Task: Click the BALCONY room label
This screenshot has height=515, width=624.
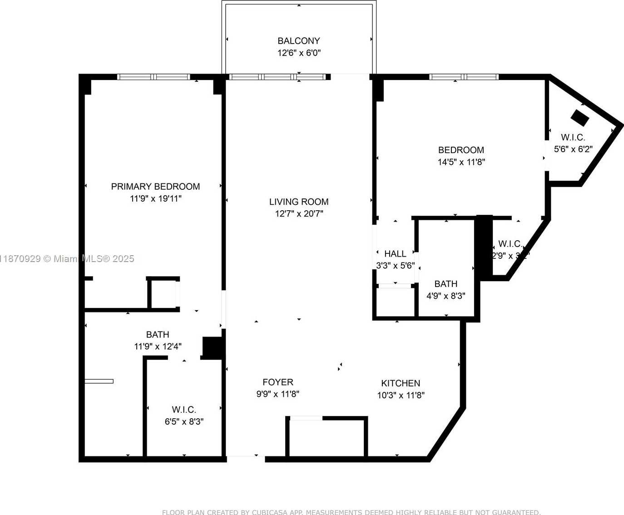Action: tap(299, 41)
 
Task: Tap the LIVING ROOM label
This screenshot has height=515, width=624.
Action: tap(299, 202)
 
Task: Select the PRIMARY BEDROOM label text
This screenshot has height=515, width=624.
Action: tap(155, 187)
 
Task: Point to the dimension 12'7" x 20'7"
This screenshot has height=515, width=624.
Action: tap(299, 213)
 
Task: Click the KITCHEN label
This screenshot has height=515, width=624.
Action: tap(401, 383)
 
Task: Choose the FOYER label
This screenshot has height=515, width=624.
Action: tap(278, 382)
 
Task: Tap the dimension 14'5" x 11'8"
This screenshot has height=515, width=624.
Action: tap(461, 162)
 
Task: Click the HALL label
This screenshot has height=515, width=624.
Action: tap(395, 254)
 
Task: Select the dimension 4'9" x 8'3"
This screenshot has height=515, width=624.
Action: tap(446, 296)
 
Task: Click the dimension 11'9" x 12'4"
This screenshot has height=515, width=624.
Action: tap(158, 347)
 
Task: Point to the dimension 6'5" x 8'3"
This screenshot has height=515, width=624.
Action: tap(184, 421)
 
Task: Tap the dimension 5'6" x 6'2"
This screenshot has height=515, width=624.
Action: tap(573, 149)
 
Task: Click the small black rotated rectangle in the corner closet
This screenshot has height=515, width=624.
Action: tap(579, 118)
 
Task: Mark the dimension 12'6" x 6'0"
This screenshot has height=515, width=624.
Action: tap(299, 53)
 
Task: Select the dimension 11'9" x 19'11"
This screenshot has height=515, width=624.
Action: tap(155, 198)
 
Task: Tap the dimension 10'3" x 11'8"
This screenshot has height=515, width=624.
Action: tap(401, 395)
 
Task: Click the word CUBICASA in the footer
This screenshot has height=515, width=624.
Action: tap(269, 512)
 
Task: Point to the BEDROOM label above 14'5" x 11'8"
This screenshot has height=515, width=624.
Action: tap(461, 150)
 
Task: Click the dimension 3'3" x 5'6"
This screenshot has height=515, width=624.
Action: tap(395, 265)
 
